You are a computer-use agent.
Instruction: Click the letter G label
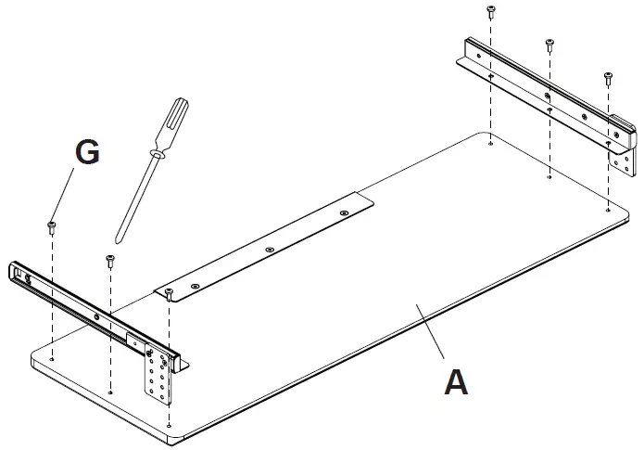click(87, 153)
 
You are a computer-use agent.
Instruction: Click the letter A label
click(456, 381)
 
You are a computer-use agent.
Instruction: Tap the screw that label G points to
click(53, 224)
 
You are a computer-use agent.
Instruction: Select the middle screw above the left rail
click(110, 259)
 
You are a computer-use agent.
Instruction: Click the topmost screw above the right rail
click(491, 10)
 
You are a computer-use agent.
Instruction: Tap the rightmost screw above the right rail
click(608, 75)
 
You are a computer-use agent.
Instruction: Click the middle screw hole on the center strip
click(269, 250)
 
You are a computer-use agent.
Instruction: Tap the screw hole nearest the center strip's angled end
click(342, 213)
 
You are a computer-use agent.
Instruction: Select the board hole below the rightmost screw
click(607, 211)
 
